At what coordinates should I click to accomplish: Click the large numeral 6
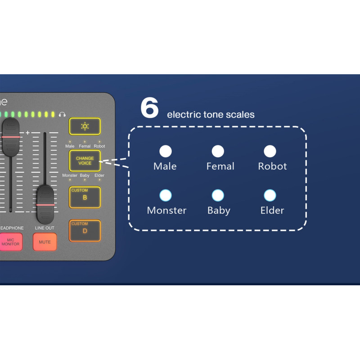149,108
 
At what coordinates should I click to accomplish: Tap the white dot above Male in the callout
166,151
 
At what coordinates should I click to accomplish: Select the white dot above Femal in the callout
218,151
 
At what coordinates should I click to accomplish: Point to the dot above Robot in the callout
270,151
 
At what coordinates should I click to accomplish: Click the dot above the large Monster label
166,195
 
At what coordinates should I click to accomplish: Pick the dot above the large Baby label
218,195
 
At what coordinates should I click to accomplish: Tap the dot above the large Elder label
270,195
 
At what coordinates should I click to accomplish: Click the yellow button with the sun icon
85,126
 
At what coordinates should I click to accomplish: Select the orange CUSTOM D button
85,230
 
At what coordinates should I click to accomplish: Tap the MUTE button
45,242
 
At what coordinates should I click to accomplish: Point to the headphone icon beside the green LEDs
62,115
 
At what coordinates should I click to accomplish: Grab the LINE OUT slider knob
45,204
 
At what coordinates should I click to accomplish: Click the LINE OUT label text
45,228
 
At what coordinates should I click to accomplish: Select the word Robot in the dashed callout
272,166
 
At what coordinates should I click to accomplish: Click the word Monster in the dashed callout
166,210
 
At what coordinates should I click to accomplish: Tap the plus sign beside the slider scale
27,133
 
